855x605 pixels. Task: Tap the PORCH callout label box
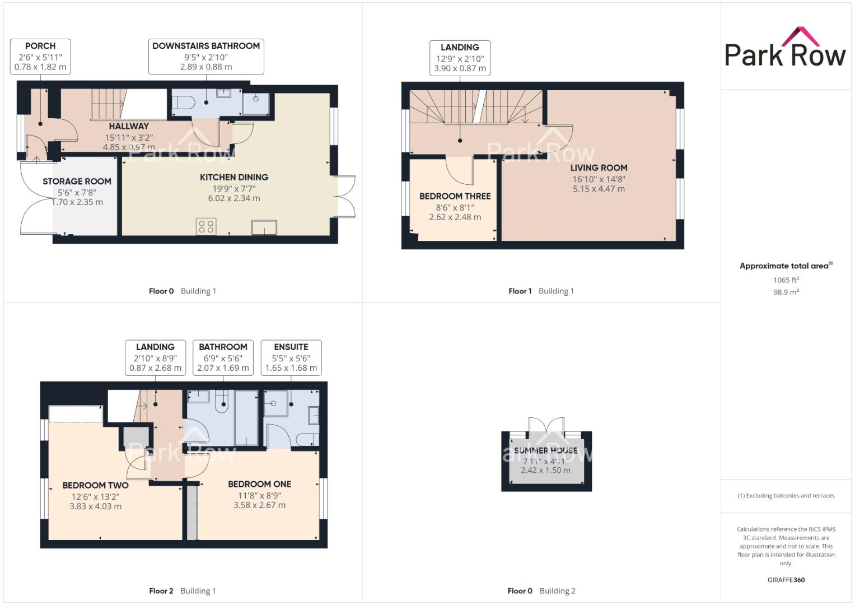40,56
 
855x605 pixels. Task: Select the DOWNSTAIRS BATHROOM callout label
206,56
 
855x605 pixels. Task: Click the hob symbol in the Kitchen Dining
206,226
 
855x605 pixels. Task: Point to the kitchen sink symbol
264,227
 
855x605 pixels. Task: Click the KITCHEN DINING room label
234,177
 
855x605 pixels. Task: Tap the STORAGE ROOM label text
77,182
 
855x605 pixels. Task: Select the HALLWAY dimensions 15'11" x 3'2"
129,137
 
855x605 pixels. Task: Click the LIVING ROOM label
599,167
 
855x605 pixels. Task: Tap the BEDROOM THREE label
455,196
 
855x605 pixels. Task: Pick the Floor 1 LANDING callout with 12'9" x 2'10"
460,58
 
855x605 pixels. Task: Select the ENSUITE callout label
291,357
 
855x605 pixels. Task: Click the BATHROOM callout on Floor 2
223,357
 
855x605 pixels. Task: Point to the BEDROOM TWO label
95,485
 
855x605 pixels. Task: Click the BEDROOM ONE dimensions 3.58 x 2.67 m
259,505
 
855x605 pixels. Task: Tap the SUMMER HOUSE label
545,450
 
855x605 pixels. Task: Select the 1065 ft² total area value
786,280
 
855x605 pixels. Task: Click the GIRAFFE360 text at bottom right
786,580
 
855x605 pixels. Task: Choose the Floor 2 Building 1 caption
182,590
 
